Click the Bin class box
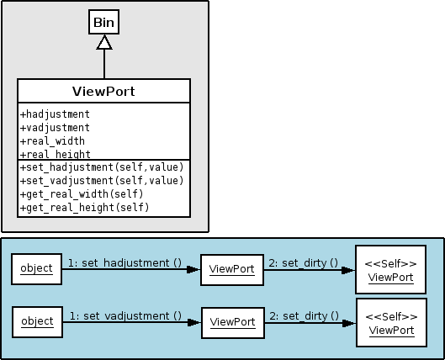103,22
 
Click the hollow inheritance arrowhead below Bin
104,42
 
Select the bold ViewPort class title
103,92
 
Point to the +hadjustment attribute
55,114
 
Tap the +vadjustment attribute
55,128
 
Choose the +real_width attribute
52,141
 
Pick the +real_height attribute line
56,154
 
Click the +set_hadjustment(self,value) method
102,167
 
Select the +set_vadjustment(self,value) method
102,181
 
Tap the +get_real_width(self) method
82,194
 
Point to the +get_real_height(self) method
85,208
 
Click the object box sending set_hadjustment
37,269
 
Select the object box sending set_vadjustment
38,322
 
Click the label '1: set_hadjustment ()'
124,263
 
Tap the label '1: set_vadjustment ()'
125,316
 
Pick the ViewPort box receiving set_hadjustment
232,270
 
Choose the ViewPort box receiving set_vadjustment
233,323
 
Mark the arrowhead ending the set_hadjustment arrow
193,269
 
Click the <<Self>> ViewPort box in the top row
391,269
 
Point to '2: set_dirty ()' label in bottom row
304,316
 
